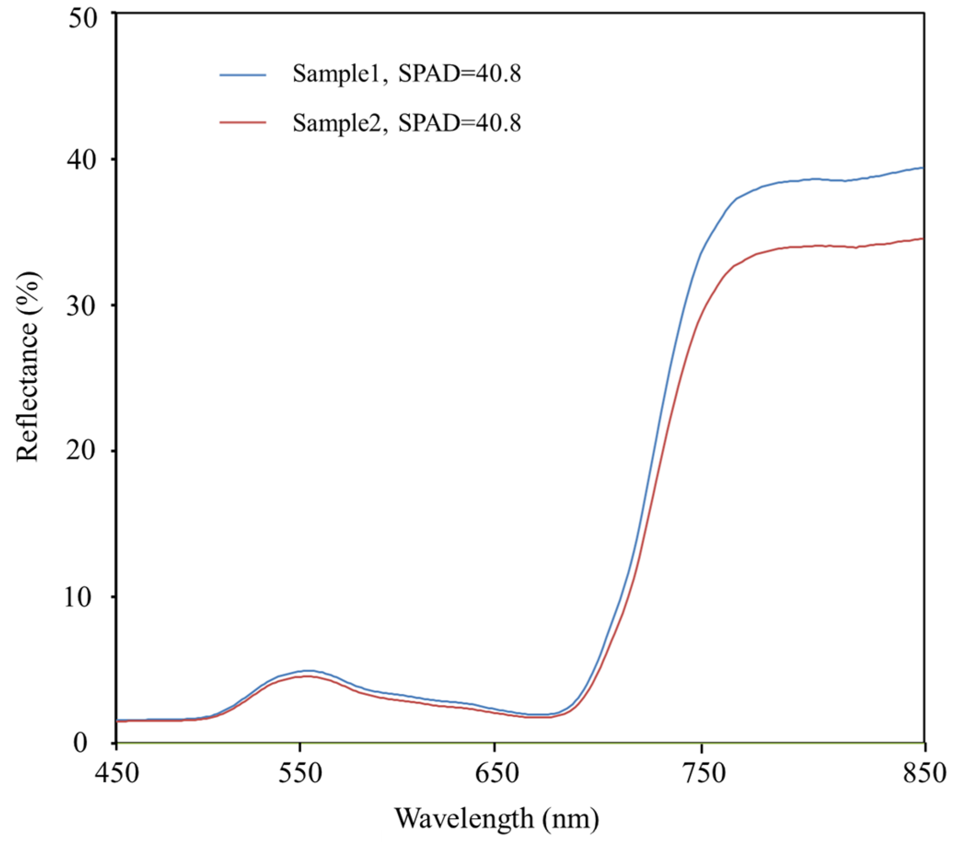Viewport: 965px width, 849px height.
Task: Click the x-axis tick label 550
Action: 300,774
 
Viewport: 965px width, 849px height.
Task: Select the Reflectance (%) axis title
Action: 29,367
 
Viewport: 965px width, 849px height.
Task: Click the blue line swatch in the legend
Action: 243,75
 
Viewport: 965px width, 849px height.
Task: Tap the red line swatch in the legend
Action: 243,122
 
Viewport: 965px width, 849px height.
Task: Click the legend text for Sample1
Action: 406,74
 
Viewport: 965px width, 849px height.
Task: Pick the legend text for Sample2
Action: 406,123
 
